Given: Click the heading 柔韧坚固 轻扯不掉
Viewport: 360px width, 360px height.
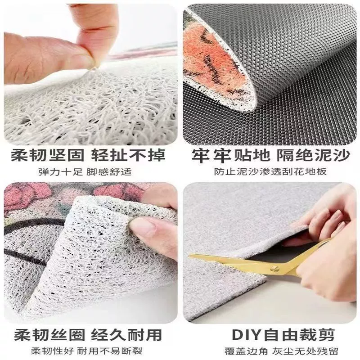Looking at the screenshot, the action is (x=88, y=155).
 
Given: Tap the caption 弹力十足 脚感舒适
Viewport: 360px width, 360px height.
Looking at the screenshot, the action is (x=85, y=172).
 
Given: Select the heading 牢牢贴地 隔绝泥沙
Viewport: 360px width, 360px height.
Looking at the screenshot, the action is (x=271, y=155).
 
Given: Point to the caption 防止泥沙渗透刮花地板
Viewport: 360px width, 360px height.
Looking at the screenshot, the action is (x=270, y=172).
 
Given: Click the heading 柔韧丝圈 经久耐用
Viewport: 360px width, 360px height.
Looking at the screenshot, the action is (x=88, y=335).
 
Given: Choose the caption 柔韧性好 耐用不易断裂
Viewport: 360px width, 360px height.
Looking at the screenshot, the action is (x=87, y=351).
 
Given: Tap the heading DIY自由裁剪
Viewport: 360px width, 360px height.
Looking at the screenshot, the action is (x=283, y=335).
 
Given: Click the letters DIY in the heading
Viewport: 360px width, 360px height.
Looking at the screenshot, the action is (x=247, y=335).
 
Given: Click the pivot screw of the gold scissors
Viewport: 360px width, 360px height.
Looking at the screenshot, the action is (x=274, y=268).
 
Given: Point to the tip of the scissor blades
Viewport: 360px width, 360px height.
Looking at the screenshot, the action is (x=189, y=255).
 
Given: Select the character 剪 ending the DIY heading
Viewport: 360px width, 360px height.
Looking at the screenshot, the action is (x=325, y=335).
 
